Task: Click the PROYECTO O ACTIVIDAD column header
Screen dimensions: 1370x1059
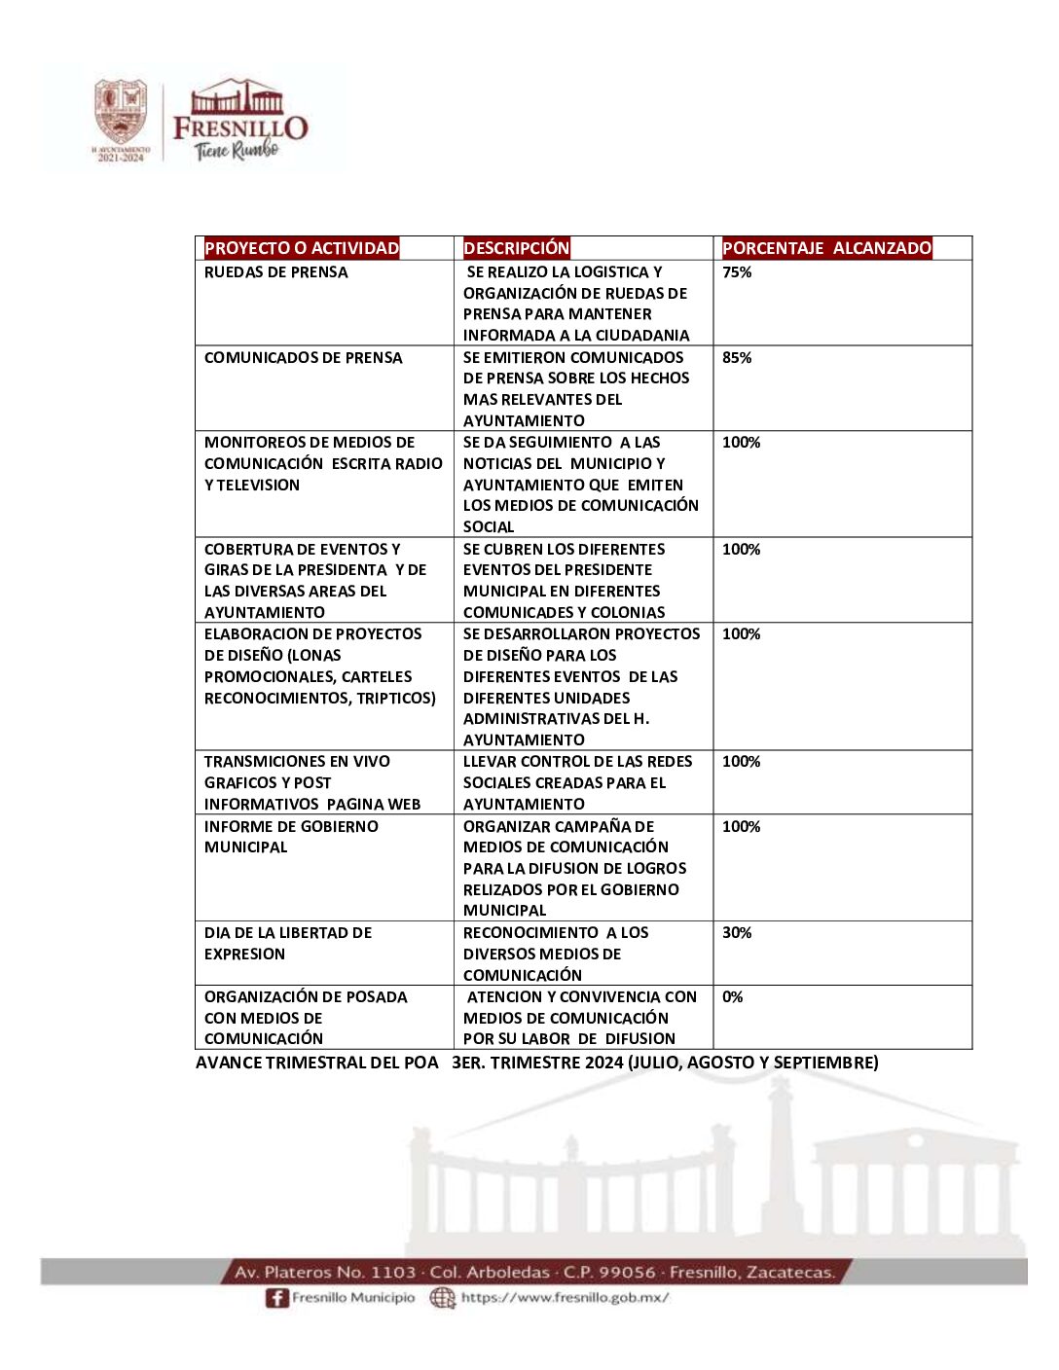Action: point(302,248)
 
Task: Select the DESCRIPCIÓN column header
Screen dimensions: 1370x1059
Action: point(516,248)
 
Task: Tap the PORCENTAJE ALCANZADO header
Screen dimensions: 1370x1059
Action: point(826,248)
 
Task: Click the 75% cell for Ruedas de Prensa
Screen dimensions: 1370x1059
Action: point(737,272)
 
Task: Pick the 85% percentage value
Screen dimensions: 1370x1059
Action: point(737,358)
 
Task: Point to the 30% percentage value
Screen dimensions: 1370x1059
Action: point(737,933)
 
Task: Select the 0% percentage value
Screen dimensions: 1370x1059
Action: point(732,997)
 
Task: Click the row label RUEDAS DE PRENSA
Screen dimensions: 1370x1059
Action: point(275,272)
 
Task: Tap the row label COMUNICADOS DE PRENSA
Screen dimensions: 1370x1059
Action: point(303,358)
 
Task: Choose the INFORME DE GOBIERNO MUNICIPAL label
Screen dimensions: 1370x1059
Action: point(291,837)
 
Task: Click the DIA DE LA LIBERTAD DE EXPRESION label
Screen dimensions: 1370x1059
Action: point(287,944)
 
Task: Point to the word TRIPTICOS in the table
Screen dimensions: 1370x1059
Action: point(398,699)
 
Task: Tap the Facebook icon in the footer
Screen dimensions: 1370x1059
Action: point(277,1298)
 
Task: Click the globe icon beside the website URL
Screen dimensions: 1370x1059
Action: point(443,1298)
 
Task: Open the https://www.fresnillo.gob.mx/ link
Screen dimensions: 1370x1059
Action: point(565,1298)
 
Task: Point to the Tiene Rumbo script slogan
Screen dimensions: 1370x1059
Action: point(237,149)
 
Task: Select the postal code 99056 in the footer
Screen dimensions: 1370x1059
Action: point(628,1273)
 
